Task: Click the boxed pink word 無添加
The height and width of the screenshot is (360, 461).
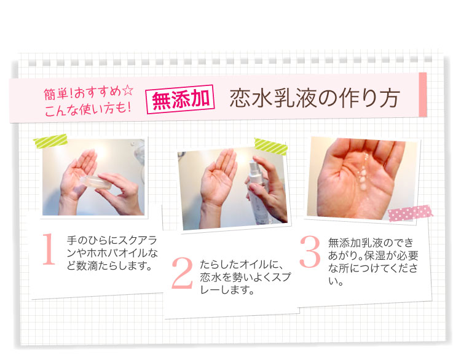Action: pos(180,99)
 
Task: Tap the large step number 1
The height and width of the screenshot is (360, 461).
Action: pos(49,249)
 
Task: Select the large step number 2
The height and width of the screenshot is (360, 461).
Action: pos(183,272)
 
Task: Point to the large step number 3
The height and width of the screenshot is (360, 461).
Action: pos(310,252)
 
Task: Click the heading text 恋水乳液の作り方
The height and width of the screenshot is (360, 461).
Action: pos(315,98)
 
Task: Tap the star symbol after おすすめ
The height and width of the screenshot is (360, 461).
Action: pos(128,90)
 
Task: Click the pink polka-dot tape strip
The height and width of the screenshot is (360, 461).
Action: pos(411,213)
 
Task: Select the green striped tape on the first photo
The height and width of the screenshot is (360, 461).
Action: pos(50,141)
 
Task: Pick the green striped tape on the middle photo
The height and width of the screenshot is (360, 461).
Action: pos(271,146)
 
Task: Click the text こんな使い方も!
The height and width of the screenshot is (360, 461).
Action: pos(88,109)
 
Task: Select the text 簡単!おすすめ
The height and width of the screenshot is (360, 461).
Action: pos(82,93)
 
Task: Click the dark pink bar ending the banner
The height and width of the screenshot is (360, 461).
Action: pos(423,95)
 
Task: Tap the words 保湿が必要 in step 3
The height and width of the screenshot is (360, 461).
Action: pos(391,256)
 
